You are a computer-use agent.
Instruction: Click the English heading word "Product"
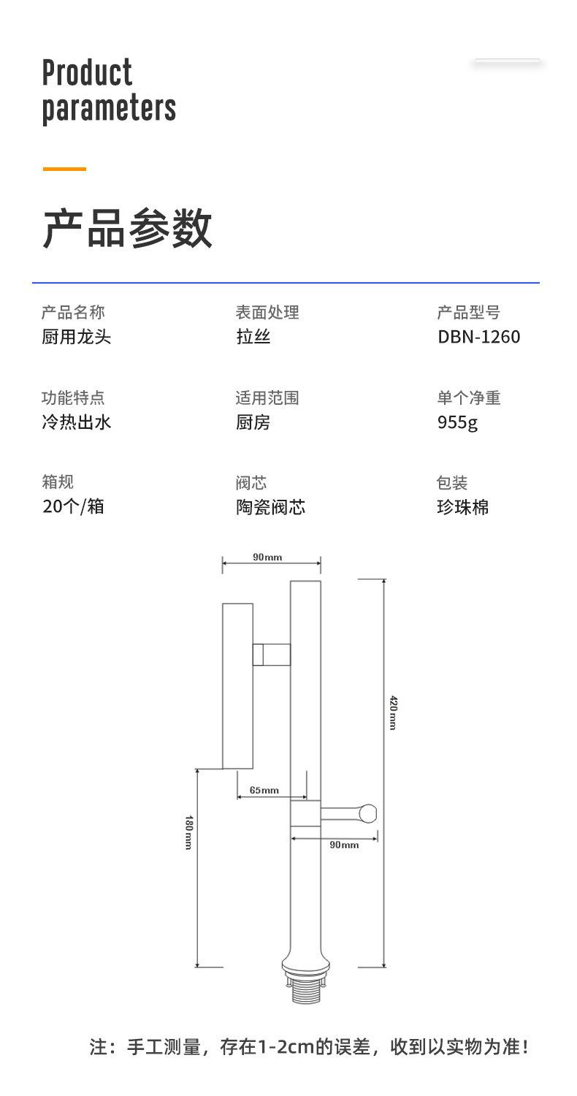87,73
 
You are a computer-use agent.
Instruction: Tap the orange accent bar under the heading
64,169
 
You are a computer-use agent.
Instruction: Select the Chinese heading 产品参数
127,228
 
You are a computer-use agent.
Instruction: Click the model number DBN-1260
478,337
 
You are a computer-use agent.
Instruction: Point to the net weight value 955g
457,422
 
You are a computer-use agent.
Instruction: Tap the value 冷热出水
76,422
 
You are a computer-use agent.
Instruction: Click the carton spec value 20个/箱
73,506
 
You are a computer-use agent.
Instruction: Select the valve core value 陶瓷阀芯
270,507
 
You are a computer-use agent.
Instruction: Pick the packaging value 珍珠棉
462,507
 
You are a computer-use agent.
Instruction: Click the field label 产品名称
73,313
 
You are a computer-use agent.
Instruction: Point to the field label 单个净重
468,398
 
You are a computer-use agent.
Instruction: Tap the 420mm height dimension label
392,713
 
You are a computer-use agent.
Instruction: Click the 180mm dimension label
188,831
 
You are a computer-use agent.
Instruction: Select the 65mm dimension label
264,790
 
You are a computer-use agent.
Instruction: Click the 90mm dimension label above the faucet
267,557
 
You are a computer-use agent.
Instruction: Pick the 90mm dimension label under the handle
344,845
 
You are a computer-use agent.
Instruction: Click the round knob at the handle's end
368,813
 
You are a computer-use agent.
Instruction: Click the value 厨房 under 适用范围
253,422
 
